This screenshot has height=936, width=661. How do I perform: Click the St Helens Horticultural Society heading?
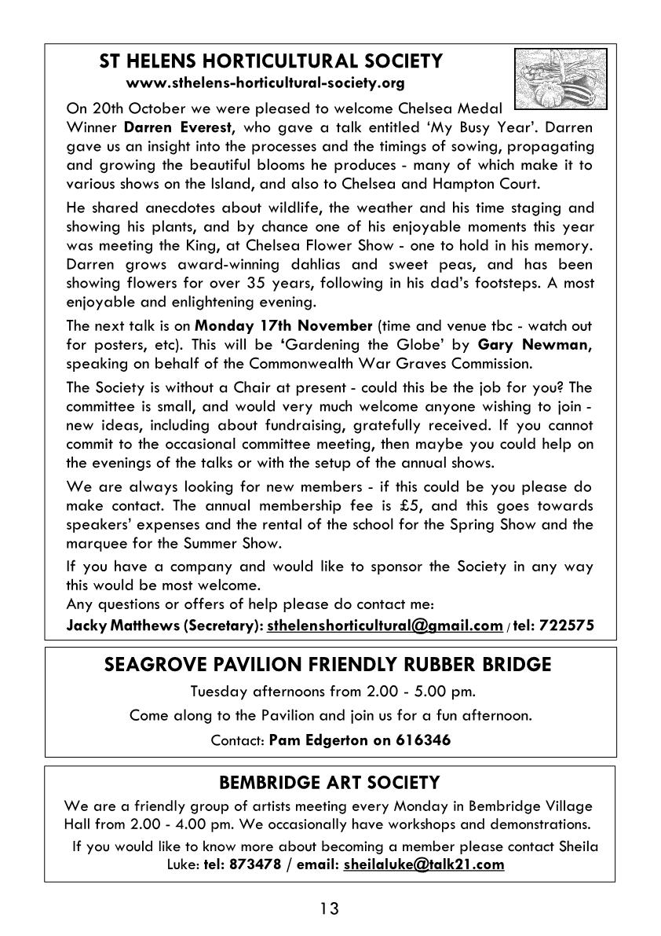coord(271,61)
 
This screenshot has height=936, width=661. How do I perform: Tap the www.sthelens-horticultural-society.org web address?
coord(265,82)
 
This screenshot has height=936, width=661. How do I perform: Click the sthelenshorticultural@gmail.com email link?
coord(385,626)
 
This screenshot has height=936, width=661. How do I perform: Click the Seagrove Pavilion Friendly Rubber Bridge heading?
coord(327,665)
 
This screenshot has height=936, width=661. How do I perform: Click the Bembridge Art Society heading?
coord(329,783)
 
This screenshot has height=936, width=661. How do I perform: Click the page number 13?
coord(330,909)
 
